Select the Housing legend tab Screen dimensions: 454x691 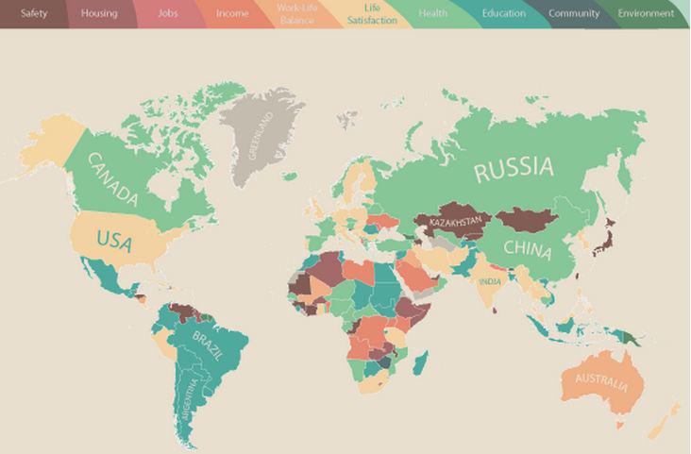pyautogui.click(x=99, y=13)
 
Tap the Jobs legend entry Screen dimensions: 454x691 pyautogui.click(x=167, y=13)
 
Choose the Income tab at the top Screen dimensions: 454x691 pyautogui.click(x=232, y=13)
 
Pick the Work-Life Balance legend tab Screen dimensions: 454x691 pyautogui.click(x=298, y=13)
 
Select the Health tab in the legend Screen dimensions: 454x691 pyautogui.click(x=432, y=13)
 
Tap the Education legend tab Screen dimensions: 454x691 pyautogui.click(x=503, y=13)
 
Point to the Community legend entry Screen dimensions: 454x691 pyautogui.click(x=573, y=13)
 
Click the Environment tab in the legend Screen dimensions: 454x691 pyautogui.click(x=646, y=13)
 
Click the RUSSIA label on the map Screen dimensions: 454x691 pyautogui.click(x=514, y=170)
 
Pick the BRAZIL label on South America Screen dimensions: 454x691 pyautogui.click(x=209, y=345)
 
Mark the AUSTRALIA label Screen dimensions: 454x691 pyautogui.click(x=595, y=384)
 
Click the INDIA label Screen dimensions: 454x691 pyautogui.click(x=490, y=281)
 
